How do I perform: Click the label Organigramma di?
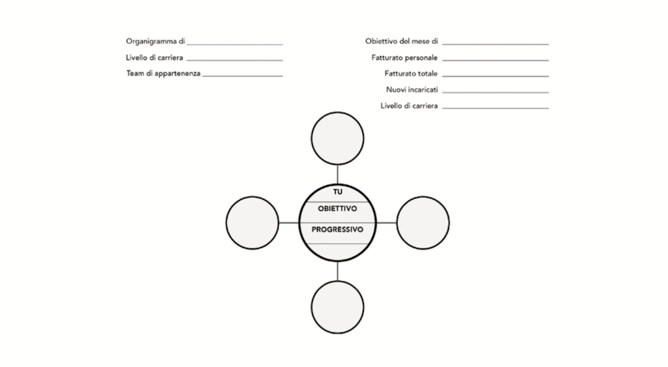155,42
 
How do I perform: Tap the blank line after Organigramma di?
235,44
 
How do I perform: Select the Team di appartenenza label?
163,74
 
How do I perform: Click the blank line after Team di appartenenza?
243,76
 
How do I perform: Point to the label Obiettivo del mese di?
401,41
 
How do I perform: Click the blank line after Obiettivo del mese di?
496,44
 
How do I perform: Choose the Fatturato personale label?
404,57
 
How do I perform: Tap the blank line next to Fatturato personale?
496,61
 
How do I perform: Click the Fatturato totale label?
411,74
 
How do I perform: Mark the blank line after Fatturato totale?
496,76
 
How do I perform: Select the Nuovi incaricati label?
412,90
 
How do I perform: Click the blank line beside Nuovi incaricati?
496,93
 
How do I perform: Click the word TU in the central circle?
338,192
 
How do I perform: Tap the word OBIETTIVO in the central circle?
337,209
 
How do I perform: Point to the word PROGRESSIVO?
337,229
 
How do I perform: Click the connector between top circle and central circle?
337,175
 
